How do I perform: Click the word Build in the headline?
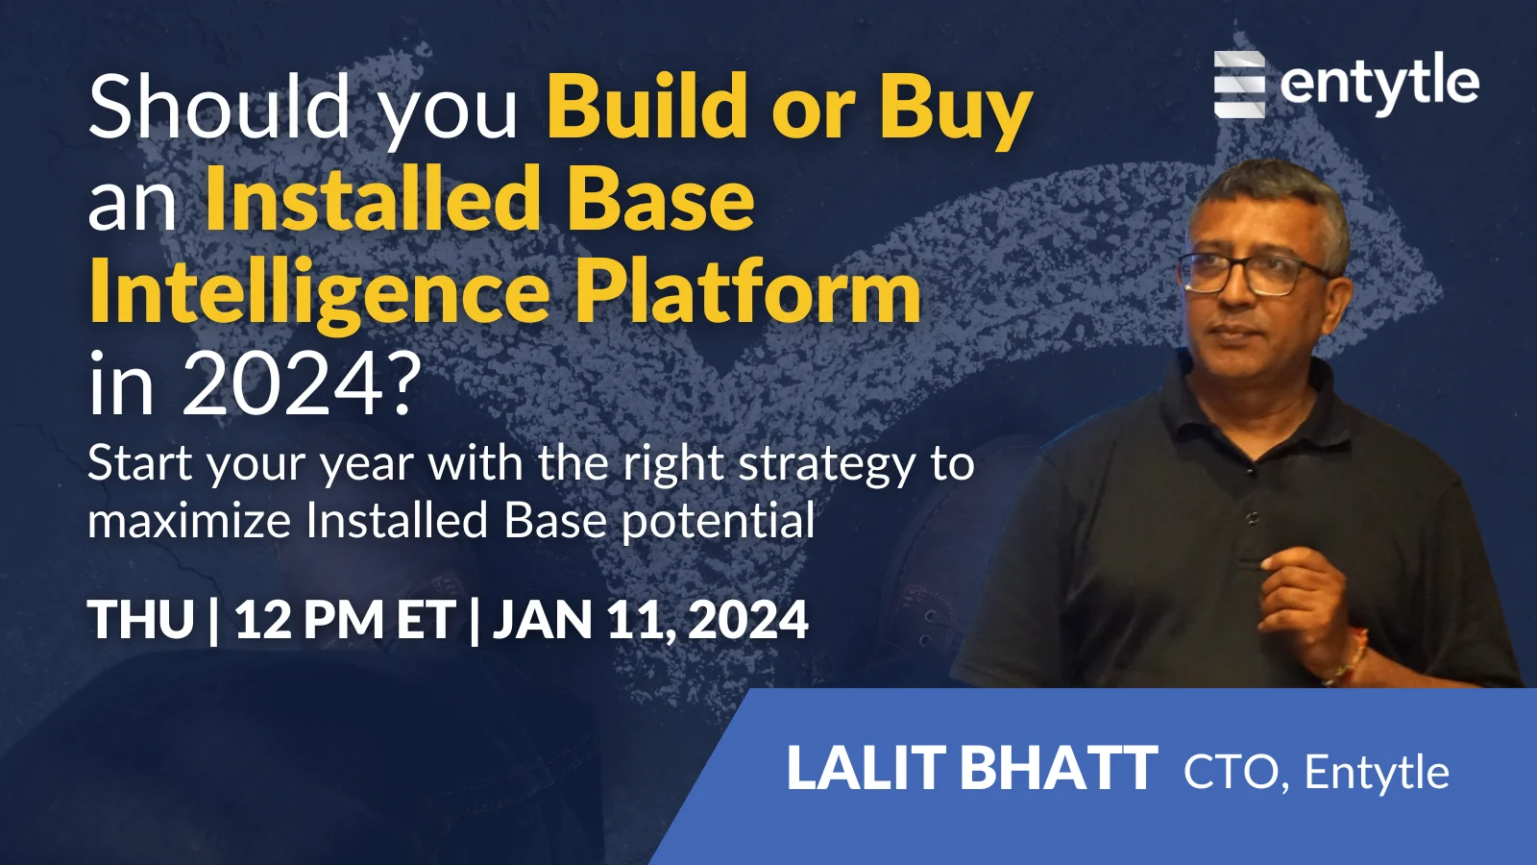[647, 108]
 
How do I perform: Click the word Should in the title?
[219, 108]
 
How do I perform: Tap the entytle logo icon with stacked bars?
[1239, 85]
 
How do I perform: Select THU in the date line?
[141, 620]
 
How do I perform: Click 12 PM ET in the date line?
[344, 620]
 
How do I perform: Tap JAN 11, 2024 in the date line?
[650, 620]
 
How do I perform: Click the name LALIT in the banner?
[866, 769]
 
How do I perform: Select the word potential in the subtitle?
[718, 522]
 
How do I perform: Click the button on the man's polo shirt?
[1253, 517]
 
